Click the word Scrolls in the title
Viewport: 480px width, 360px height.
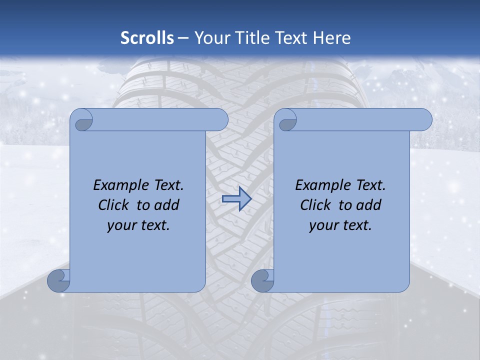pyautogui.click(x=147, y=38)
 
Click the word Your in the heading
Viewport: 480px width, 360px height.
pyautogui.click(x=209, y=38)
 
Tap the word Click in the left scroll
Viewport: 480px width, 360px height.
pyautogui.click(x=115, y=205)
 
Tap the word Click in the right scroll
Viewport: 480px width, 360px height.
pyautogui.click(x=317, y=205)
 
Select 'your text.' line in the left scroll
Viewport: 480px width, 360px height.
pyautogui.click(x=138, y=225)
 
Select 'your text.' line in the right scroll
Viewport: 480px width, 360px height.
pyautogui.click(x=340, y=225)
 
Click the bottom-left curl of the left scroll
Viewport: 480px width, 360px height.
pyautogui.click(x=58, y=281)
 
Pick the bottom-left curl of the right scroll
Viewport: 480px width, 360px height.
pyautogui.click(x=262, y=281)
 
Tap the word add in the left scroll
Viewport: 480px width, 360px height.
pyautogui.click(x=167, y=205)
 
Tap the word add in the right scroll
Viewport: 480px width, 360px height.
pyautogui.click(x=369, y=205)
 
